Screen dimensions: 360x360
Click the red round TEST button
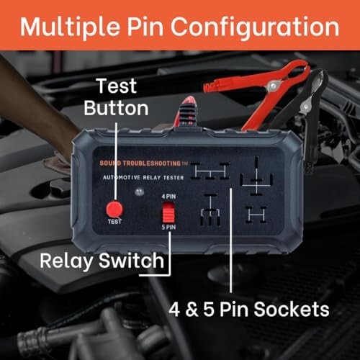pyautogui.click(x=112, y=209)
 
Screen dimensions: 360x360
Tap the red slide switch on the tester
pyautogui.click(x=168, y=213)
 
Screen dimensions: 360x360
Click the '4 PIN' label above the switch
pyautogui.click(x=167, y=196)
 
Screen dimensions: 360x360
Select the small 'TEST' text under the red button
pyautogui.click(x=112, y=223)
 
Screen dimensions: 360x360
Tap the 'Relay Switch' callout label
pyautogui.click(x=101, y=260)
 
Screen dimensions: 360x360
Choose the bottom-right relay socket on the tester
pyautogui.click(x=254, y=214)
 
